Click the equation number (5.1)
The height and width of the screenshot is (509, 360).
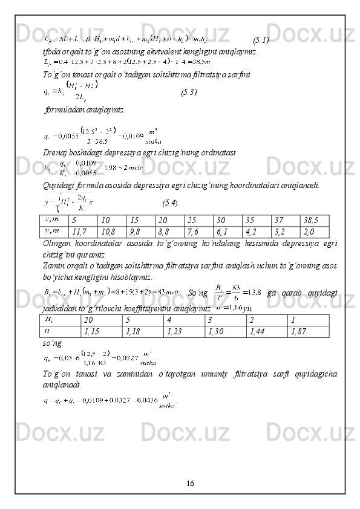tap(261, 41)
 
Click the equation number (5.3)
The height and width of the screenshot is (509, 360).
tap(189, 92)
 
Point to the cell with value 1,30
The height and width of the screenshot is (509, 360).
tap(224, 331)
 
